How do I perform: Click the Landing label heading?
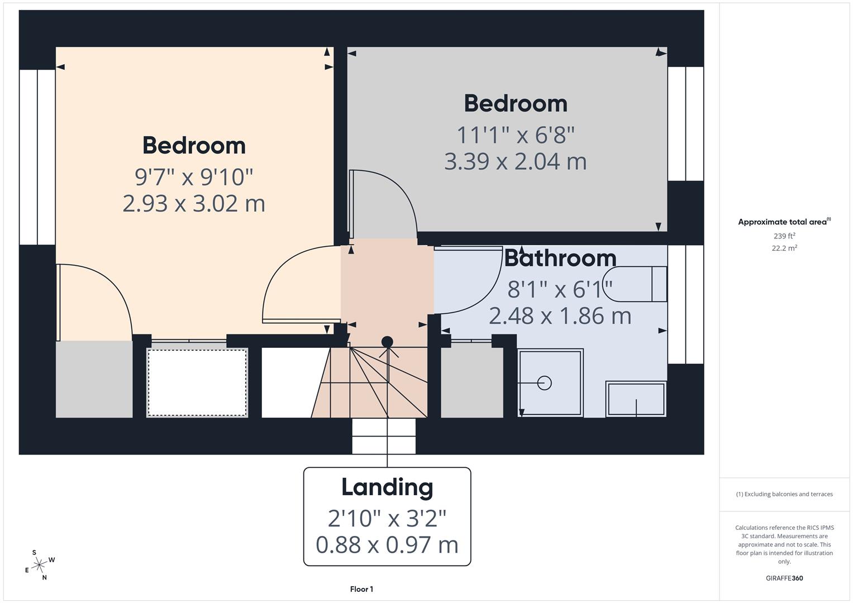[387, 487]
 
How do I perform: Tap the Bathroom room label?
[560, 258]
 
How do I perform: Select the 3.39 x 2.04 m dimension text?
[515, 161]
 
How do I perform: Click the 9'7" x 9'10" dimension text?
[194, 177]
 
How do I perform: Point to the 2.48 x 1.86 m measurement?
[560, 316]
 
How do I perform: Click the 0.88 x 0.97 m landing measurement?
[387, 544]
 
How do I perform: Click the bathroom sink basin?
[636, 399]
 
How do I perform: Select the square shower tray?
[550, 383]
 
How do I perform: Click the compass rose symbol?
[39, 565]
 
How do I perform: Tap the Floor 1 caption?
[361, 589]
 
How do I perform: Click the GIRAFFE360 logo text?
[784, 578]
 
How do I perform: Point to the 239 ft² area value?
[784, 236]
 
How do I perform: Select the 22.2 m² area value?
[784, 248]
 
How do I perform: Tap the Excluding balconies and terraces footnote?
[784, 494]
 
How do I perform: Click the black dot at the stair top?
[387, 342]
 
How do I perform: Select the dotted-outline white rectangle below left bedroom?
[197, 382]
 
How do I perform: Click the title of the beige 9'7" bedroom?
[194, 146]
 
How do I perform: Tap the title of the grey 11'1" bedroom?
[515, 104]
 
